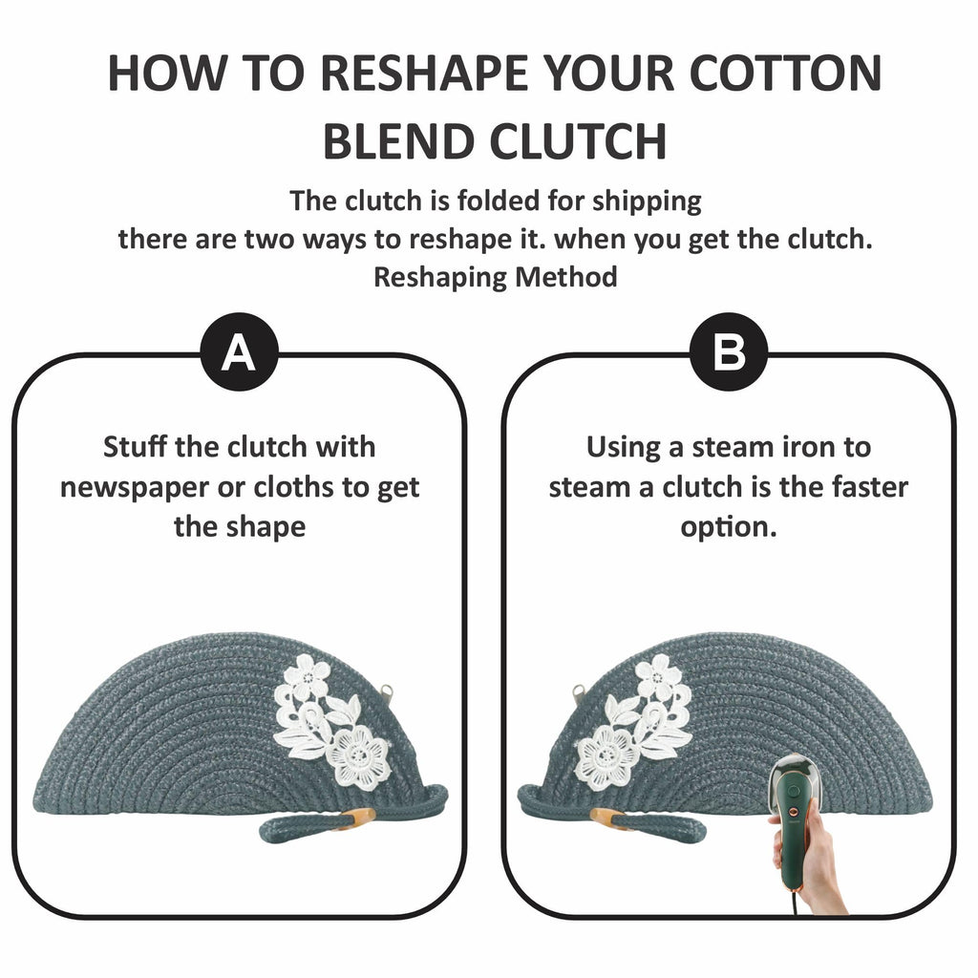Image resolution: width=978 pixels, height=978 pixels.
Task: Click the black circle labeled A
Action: (239, 351)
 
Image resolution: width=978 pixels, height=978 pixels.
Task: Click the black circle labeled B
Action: (729, 351)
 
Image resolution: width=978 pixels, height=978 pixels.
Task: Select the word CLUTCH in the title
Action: (578, 142)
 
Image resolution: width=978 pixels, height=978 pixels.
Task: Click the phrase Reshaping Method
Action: (496, 277)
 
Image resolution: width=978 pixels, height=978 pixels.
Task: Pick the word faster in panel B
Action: (870, 487)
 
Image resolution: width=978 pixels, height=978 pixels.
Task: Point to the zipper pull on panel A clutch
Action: (387, 692)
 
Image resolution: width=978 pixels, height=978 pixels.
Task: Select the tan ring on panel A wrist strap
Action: (356, 818)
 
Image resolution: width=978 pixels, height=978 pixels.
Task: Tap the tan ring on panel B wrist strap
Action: (611, 818)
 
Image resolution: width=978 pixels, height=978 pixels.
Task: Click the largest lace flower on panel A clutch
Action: (360, 756)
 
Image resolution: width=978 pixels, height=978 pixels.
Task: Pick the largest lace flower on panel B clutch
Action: (606, 756)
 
